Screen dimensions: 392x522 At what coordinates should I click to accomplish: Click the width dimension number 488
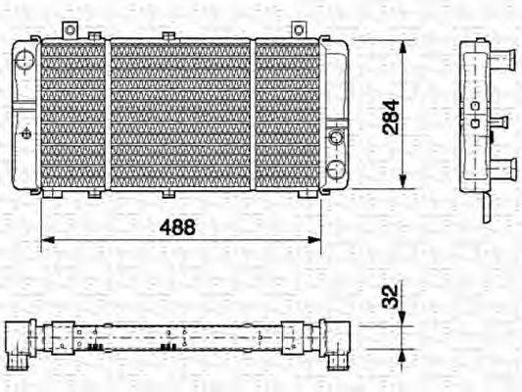tap(178, 226)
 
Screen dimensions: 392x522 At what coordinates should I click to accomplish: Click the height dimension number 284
tap(390, 116)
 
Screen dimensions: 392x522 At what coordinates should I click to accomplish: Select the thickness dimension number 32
tap(390, 296)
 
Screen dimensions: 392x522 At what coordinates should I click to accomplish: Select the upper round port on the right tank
tap(337, 136)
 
